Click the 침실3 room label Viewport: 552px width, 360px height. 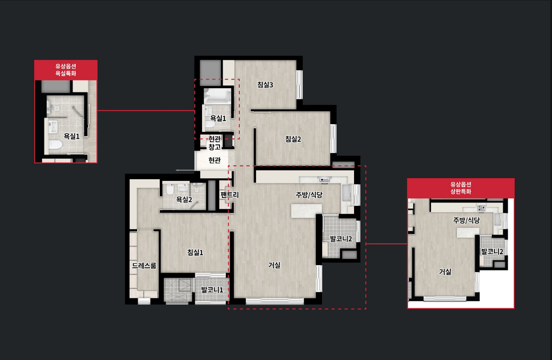point(265,85)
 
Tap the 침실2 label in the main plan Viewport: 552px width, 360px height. point(293,139)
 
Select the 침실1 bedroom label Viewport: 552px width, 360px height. point(195,252)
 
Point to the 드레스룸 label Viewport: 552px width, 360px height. point(144,265)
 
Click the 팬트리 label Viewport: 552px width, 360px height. point(230,195)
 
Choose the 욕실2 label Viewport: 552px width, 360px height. point(184,199)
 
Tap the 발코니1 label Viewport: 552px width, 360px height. point(212,289)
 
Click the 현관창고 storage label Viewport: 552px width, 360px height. point(215,143)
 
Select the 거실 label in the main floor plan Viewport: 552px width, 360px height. point(274,265)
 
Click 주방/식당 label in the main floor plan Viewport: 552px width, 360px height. point(309,195)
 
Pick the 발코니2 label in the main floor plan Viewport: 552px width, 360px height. point(341,238)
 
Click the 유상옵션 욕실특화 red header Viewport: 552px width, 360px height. point(66,70)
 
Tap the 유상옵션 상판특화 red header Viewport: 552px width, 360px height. point(461,188)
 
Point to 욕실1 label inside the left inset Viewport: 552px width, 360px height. point(72,136)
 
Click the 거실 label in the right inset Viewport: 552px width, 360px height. point(445,272)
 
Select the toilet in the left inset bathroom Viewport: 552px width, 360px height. point(55,144)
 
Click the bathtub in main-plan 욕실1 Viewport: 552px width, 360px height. point(218,96)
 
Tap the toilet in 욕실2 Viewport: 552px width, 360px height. point(170,189)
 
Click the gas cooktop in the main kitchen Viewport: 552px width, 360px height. point(324,180)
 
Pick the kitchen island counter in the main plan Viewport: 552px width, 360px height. point(306,211)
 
